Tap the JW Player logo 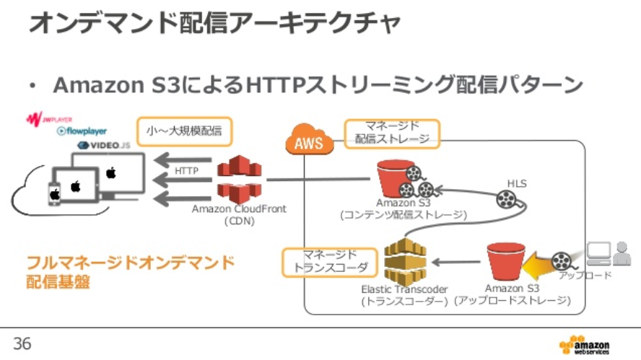click(48, 118)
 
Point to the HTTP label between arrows click(186, 171)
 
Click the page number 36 click(22, 343)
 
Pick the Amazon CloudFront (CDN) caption click(239, 214)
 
